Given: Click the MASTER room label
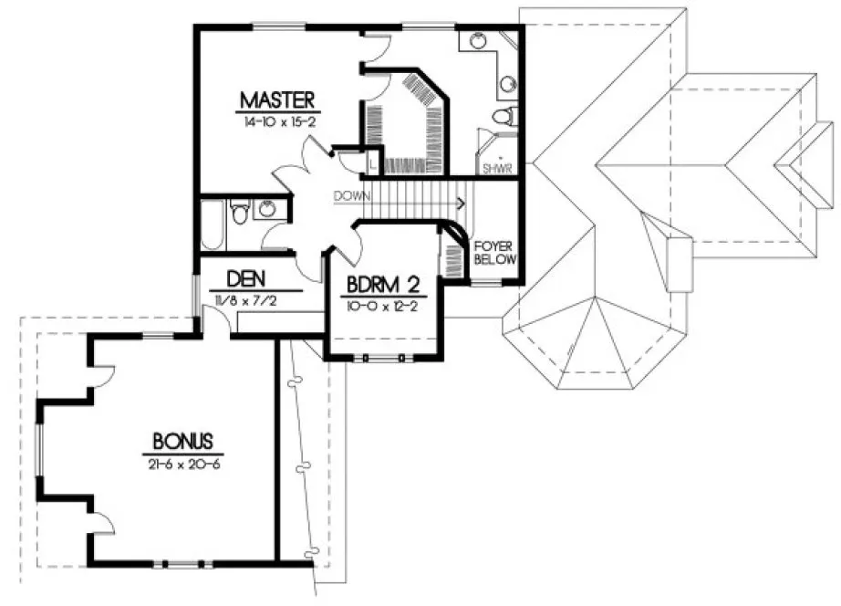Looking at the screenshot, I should [277, 99].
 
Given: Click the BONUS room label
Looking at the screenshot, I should [182, 441].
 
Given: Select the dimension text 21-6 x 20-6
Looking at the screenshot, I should [182, 463].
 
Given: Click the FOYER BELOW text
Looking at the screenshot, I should [495, 253].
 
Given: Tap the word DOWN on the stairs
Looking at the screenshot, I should [351, 195].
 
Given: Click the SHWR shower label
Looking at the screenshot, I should [497, 168].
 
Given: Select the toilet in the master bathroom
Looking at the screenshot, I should [504, 116].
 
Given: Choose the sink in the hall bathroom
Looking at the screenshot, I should [267, 210].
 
